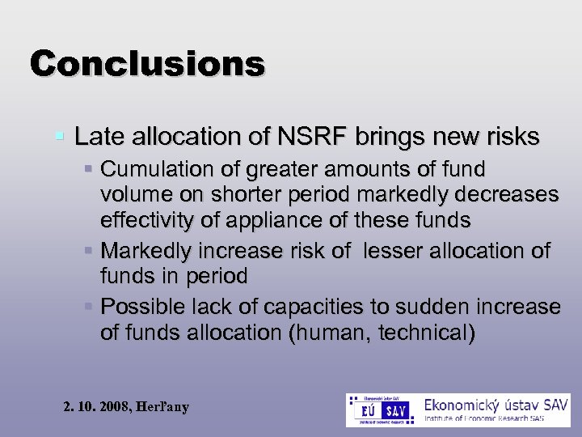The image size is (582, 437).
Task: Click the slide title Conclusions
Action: coord(147,62)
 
